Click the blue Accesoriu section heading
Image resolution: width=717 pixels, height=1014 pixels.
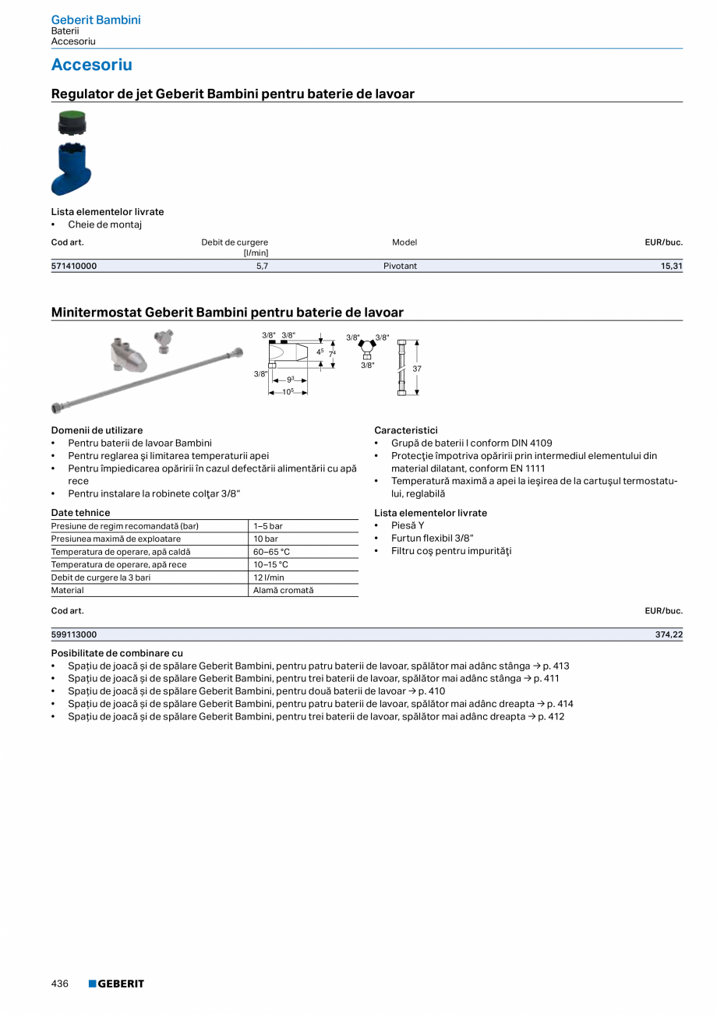click(x=91, y=65)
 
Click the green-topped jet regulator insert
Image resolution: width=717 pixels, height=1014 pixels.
click(x=72, y=123)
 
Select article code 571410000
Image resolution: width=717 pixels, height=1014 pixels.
click(x=74, y=266)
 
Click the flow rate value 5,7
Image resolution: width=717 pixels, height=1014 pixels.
click(x=262, y=266)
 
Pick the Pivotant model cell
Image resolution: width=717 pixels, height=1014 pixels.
click(x=400, y=266)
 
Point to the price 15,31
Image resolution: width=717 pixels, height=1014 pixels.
click(x=671, y=266)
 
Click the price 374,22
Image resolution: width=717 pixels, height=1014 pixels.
click(x=669, y=634)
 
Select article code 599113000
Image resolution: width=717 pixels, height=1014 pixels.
click(x=74, y=634)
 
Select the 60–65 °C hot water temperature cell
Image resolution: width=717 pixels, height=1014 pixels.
click(x=271, y=552)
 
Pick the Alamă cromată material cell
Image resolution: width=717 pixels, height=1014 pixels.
click(x=283, y=590)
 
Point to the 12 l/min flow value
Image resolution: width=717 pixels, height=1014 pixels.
click(x=269, y=578)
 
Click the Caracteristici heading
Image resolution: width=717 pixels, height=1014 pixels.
click(x=405, y=430)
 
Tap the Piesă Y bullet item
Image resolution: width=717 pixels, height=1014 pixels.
click(x=408, y=525)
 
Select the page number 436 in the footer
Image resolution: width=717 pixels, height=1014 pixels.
click(x=60, y=984)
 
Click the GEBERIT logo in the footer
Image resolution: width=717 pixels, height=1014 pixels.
click(x=116, y=984)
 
